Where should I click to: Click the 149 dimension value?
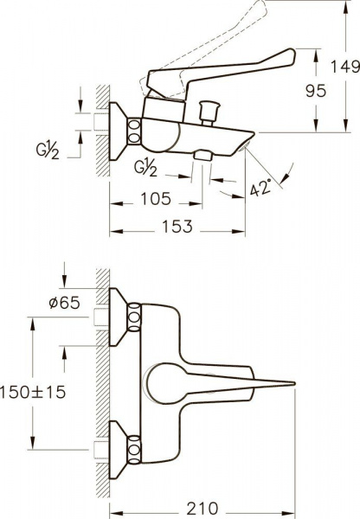345,67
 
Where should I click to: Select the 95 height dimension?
316,91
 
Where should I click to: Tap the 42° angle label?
260,187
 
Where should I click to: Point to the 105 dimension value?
156,199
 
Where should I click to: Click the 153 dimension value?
177,227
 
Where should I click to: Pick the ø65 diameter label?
64,302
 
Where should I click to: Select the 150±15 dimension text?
33,393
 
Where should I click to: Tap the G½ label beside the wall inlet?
48,152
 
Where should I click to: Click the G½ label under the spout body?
145,168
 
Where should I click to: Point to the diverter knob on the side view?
209,112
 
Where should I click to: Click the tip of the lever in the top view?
295,383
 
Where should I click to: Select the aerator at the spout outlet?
243,145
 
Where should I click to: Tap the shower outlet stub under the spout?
203,155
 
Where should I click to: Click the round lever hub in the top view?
163,383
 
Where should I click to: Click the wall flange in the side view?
119,131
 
